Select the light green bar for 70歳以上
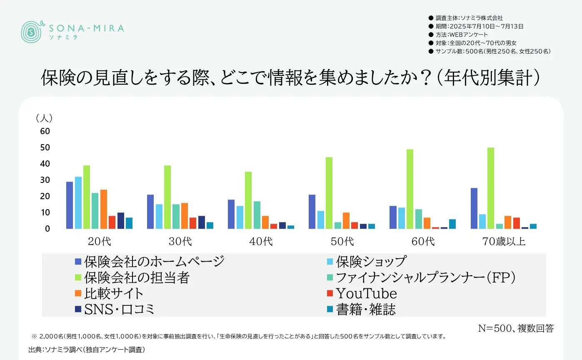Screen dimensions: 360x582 point(491,188)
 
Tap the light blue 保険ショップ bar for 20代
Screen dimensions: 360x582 point(78,202)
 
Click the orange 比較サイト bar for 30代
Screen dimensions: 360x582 point(185,216)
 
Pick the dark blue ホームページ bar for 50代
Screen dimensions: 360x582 point(312,212)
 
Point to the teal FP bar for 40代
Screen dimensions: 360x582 point(257,215)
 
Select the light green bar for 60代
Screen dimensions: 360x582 point(410,189)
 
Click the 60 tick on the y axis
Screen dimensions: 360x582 point(45,131)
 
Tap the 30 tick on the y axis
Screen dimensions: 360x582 point(45,180)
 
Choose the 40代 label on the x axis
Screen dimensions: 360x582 point(261,241)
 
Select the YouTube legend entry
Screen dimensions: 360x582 point(362,294)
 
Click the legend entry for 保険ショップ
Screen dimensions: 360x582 point(366,262)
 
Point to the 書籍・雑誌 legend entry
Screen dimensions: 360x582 point(361,309)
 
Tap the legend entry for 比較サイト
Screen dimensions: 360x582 point(109,293)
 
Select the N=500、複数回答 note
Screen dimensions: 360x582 point(516,328)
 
